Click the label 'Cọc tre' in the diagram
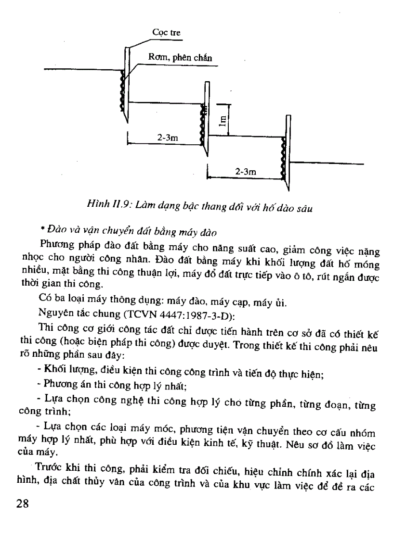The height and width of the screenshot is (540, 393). point(166,33)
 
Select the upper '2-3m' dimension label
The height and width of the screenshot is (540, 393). point(168,138)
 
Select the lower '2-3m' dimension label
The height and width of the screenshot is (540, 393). point(245,171)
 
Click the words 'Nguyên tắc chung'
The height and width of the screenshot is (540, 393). point(73,316)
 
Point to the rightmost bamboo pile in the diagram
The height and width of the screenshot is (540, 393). point(288,149)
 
